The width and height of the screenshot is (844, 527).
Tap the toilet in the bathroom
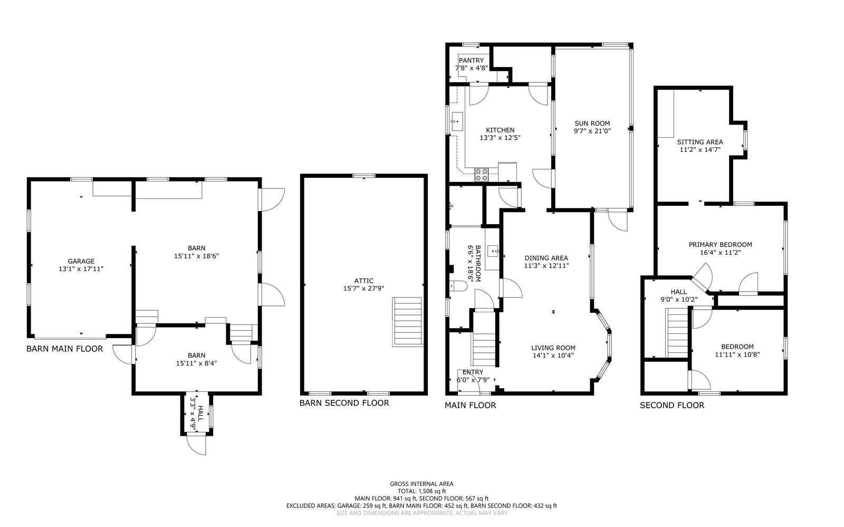[x=458, y=286]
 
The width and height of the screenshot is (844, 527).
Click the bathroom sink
[x=493, y=251]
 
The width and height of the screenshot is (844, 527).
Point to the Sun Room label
[x=592, y=123]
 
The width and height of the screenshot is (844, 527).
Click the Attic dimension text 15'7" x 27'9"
[x=363, y=289]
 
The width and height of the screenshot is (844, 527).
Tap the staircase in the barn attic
[x=407, y=322]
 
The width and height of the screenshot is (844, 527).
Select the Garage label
[x=81, y=261]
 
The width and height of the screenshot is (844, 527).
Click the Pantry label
[x=471, y=60]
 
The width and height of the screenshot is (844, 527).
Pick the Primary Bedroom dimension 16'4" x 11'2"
[x=720, y=252]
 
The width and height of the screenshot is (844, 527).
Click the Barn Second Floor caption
[x=344, y=403]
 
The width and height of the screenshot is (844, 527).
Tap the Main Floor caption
[x=470, y=405]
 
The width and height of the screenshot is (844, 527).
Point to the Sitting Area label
[x=699, y=142]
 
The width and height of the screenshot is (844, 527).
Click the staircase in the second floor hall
[x=677, y=333]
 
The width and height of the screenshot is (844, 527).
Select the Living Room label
[x=553, y=348]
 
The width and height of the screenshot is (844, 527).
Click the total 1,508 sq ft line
[x=421, y=491]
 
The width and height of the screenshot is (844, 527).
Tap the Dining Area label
[x=546, y=258]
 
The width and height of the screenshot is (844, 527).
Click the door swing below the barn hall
[x=197, y=445]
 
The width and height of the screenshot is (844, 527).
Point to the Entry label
[x=473, y=372]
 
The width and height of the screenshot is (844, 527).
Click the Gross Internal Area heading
[x=421, y=484]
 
